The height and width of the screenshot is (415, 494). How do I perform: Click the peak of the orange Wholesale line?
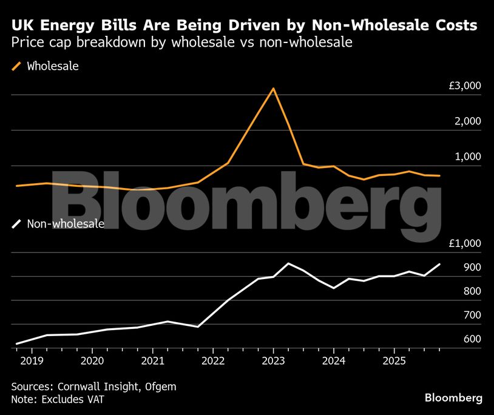point(273,89)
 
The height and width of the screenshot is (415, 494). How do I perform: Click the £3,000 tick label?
point(465,86)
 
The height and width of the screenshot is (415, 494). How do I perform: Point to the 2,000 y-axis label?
point(469,121)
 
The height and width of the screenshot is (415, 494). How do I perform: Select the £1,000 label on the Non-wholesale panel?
point(465,244)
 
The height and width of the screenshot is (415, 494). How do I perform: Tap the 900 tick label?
point(473,268)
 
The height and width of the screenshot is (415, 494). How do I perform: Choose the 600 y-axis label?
point(473,339)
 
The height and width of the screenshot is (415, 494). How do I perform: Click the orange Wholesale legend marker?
point(16,66)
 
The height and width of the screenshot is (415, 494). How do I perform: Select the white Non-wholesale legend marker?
point(16,224)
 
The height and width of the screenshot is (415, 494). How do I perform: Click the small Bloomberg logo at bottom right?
point(453,398)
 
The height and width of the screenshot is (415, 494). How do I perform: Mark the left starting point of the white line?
point(16,344)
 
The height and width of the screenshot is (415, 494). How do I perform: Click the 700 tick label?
point(473,315)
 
